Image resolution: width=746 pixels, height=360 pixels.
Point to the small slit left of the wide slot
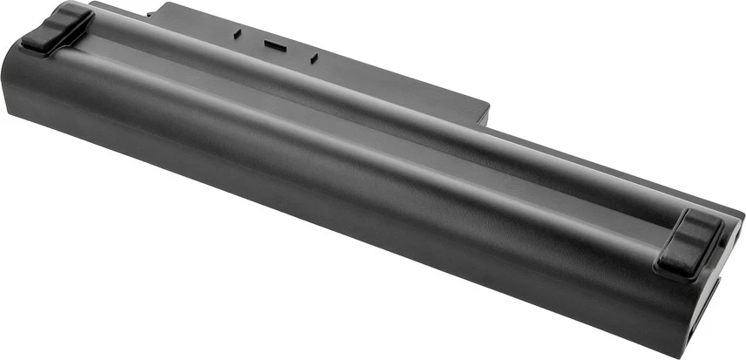(x=236, y=34)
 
